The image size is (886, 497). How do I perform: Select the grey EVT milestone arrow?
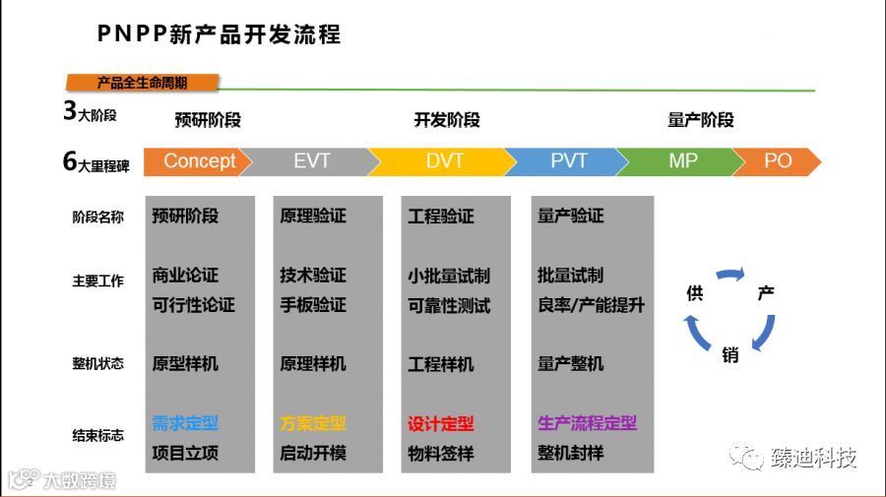click(311, 161)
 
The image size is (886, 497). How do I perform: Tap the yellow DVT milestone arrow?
click(444, 161)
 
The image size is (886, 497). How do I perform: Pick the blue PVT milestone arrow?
click(568, 161)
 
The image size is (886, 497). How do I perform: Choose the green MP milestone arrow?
click(682, 161)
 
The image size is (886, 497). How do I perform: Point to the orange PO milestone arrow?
click(777, 161)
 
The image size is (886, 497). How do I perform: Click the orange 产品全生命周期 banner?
click(142, 83)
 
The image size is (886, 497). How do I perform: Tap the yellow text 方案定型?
click(313, 423)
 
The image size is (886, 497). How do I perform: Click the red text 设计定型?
click(441, 424)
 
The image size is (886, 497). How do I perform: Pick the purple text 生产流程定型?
click(587, 423)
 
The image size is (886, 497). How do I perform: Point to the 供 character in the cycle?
click(694, 293)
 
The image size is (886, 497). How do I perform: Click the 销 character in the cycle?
click(730, 355)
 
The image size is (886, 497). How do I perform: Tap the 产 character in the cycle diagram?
click(765, 293)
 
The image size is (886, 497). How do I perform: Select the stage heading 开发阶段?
click(447, 120)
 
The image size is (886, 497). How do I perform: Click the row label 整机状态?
click(97, 363)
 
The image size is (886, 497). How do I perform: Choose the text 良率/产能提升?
click(591, 305)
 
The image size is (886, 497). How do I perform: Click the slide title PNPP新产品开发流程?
click(219, 34)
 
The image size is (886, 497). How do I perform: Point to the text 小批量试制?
click(449, 276)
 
